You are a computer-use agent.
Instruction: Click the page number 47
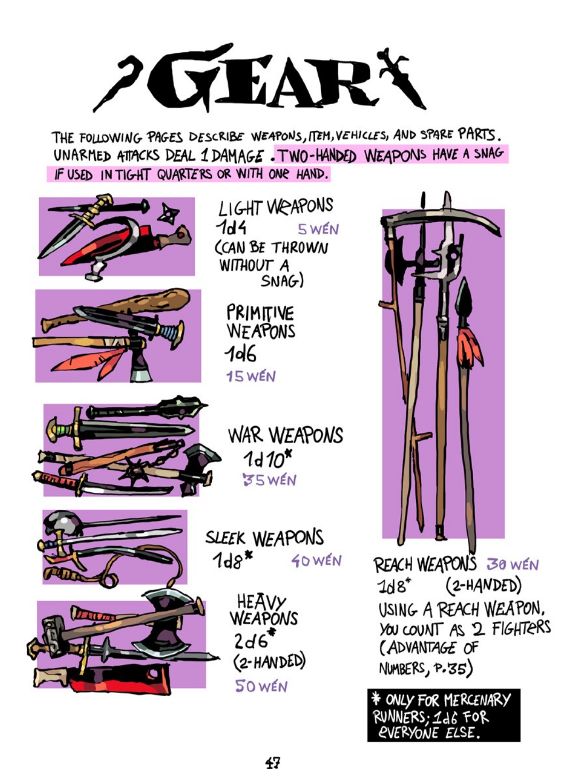pyautogui.click(x=272, y=763)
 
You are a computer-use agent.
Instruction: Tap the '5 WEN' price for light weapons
pyautogui.click(x=318, y=230)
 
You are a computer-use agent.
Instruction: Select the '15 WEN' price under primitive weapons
pyautogui.click(x=250, y=376)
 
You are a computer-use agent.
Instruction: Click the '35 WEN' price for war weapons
pyautogui.click(x=269, y=480)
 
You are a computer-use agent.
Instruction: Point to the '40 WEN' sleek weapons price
pyautogui.click(x=316, y=561)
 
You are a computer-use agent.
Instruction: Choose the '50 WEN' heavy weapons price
pyautogui.click(x=261, y=686)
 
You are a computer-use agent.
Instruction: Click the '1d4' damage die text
pyautogui.click(x=231, y=228)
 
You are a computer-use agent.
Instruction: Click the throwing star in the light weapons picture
pyautogui.click(x=168, y=214)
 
